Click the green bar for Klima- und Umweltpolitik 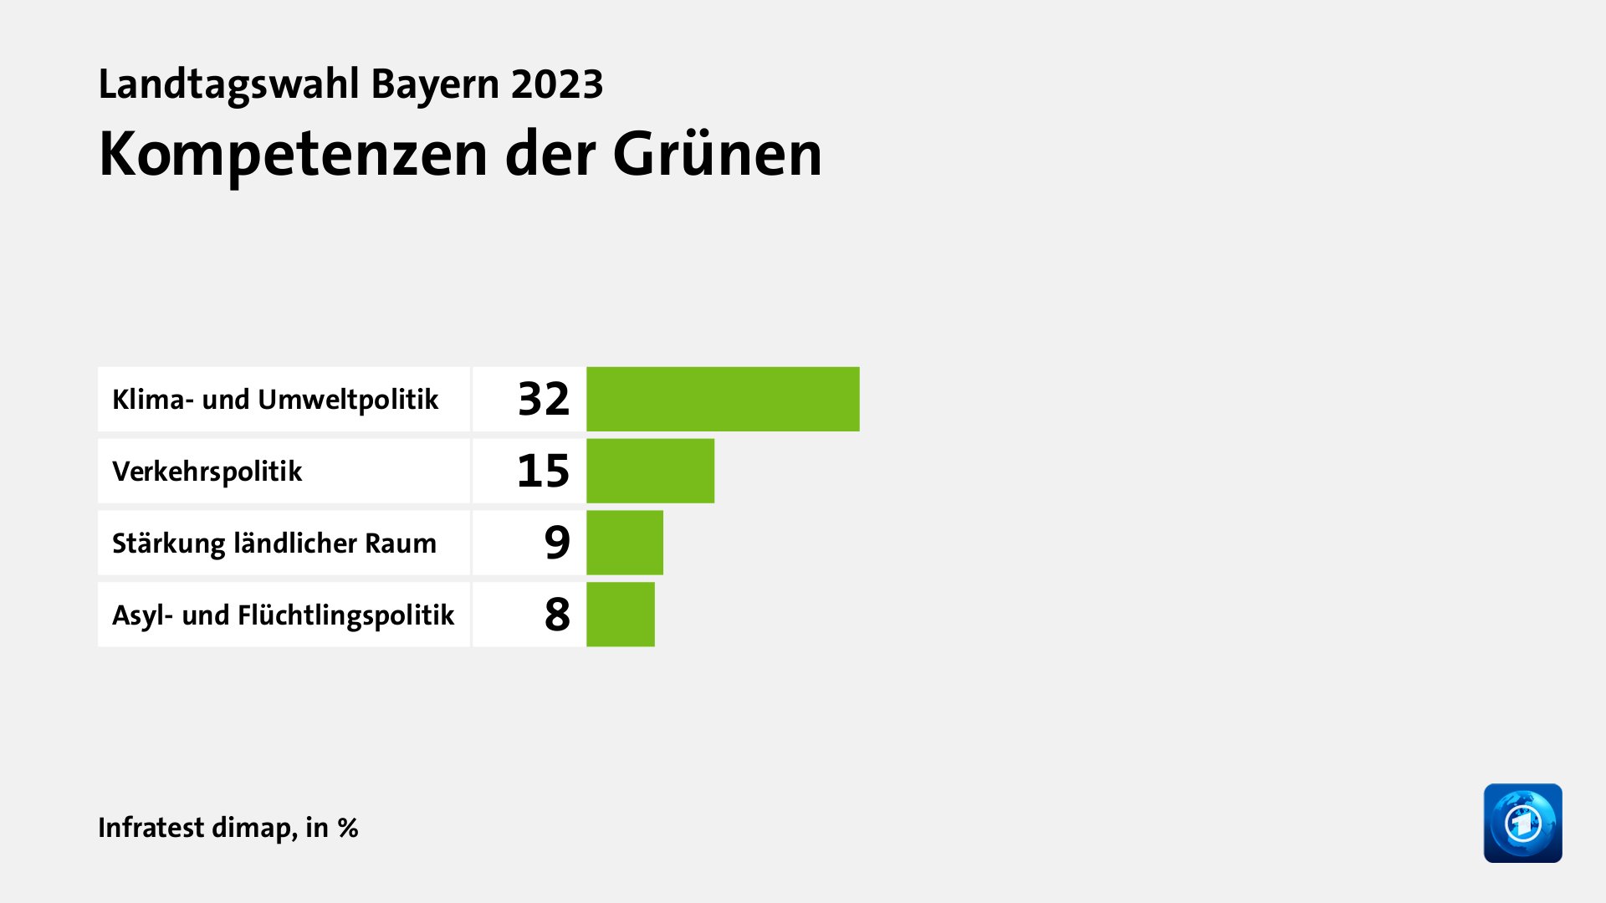[x=723, y=399]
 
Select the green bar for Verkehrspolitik [x=650, y=471]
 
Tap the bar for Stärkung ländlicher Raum [x=624, y=543]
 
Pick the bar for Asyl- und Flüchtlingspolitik [x=620, y=615]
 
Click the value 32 [x=544, y=399]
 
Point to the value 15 [x=544, y=471]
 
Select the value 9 [x=557, y=543]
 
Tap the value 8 [x=557, y=615]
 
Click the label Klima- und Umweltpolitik [x=275, y=400]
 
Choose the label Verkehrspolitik [x=207, y=472]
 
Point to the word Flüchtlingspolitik [x=345, y=615]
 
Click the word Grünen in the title [x=718, y=155]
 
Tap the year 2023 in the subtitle [x=557, y=84]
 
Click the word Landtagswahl [x=228, y=84]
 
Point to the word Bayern [x=435, y=84]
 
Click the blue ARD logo [x=1522, y=823]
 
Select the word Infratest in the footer [x=151, y=828]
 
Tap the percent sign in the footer [x=348, y=828]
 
